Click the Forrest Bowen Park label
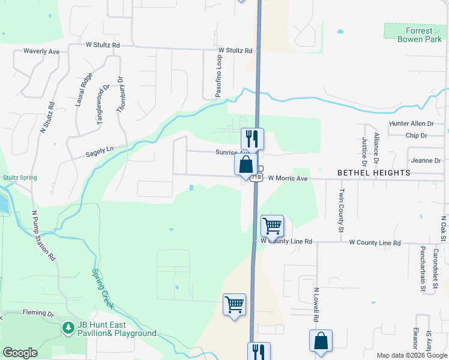tap(414, 35)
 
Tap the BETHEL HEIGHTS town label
tap(373, 173)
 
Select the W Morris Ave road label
tap(288, 178)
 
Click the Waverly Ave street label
tap(41, 52)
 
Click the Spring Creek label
tap(103, 289)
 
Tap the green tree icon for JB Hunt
tap(68, 328)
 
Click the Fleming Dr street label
tap(38, 313)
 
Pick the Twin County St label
tap(341, 211)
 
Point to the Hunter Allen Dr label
tap(411, 124)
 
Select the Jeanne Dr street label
tap(426, 161)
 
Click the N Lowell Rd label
tap(316, 306)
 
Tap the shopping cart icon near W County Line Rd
tap(272, 226)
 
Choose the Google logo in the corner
tap(20, 353)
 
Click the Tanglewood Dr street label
tap(103, 104)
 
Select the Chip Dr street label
tap(416, 136)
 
